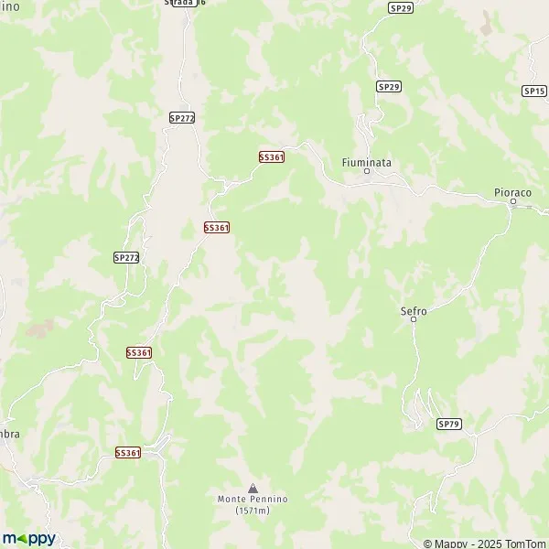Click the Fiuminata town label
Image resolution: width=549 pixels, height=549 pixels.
coord(365,162)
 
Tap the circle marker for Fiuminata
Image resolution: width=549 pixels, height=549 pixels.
coord(367,172)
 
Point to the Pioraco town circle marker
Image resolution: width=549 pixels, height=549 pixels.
coord(513,202)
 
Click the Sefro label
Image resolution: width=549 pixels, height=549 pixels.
coord(414,310)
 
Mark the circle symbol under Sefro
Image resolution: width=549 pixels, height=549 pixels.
coord(414,319)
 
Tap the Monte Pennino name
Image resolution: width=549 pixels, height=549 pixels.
coord(253,499)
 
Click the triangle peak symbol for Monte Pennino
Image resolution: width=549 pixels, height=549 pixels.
coord(253,488)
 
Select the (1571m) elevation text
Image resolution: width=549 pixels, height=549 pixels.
coord(253,510)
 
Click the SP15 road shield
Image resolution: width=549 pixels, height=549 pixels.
coord(534,91)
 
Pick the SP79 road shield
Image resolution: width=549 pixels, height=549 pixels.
coord(449,424)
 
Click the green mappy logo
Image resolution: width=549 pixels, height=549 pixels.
coord(28,538)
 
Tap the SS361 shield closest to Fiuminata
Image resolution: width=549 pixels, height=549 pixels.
coord(272,157)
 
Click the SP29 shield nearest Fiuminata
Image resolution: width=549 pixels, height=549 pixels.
coord(389,86)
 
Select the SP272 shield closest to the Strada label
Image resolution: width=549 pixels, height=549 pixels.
coord(182,118)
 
